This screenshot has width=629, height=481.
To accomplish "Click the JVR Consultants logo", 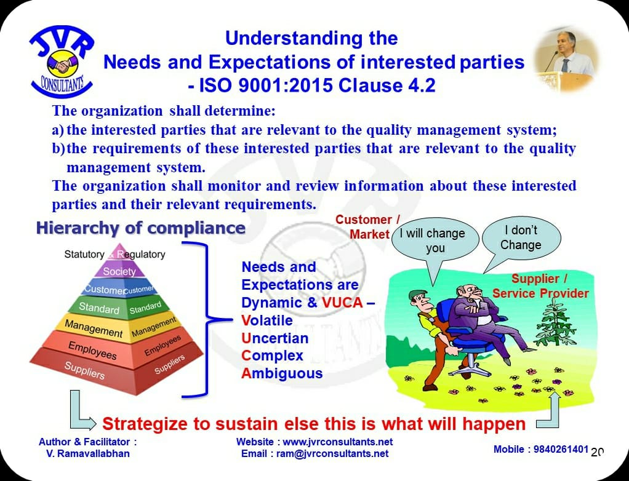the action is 62,62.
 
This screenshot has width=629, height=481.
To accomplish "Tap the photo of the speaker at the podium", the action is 566,60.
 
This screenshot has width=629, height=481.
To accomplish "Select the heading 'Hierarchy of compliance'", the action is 141,228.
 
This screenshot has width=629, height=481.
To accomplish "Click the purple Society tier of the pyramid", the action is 119,271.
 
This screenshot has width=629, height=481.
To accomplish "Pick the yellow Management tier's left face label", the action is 94,328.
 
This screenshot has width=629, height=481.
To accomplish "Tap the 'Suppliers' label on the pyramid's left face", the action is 85,370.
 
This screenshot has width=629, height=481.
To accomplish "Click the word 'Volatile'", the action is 266,320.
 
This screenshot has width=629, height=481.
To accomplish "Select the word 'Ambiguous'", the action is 282,373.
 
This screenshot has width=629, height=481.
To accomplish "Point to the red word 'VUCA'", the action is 342,302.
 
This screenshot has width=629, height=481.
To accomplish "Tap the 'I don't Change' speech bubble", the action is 521,240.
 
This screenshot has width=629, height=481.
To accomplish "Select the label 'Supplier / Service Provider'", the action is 540,286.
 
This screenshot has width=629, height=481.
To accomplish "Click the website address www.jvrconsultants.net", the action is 337,442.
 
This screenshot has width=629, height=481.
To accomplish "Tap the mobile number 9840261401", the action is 561,449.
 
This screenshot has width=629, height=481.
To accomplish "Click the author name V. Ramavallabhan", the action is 87,453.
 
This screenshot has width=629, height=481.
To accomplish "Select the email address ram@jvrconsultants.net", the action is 332,453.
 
